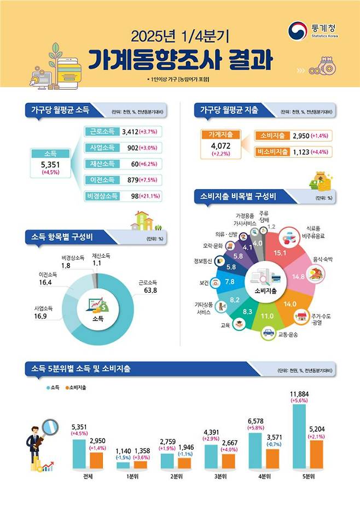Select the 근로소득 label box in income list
point(101,131)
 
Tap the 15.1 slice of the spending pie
point(280,252)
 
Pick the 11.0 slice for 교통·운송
point(266,316)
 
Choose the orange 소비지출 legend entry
point(77,387)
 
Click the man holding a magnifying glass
point(36,443)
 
